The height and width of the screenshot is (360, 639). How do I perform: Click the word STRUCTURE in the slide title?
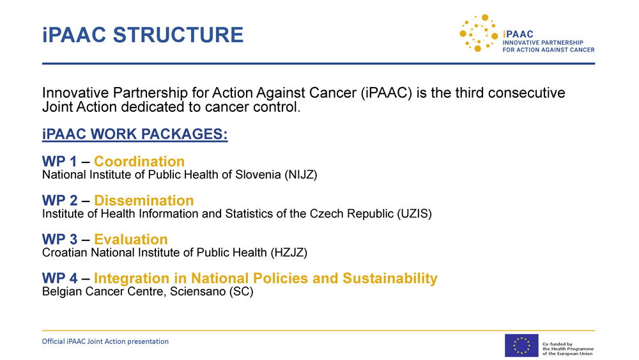coord(178,35)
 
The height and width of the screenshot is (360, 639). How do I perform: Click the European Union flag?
coord(521,345)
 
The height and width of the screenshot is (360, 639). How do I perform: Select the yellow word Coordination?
coord(139,161)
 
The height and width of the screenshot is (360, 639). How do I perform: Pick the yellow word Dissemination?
coord(144,201)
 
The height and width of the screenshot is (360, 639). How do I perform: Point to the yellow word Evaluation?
coord(131,239)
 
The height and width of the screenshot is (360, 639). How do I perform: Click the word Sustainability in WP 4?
coord(390,278)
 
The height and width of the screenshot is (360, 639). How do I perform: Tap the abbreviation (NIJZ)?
coord(301,175)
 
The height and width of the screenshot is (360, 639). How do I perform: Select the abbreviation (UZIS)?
coord(415,214)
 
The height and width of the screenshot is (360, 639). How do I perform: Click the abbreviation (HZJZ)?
coord(289,253)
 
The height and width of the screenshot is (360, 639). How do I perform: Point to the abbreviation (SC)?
coord(241,292)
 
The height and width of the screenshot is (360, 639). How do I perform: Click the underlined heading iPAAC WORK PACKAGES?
coord(135,134)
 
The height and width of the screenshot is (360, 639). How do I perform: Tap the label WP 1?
coord(59,161)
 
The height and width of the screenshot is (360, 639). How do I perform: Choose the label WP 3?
coord(59,239)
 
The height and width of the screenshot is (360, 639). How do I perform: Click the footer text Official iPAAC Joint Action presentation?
coord(105,341)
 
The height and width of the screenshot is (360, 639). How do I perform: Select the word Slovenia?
coord(257,175)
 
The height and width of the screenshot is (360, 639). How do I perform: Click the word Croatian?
coord(65,253)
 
